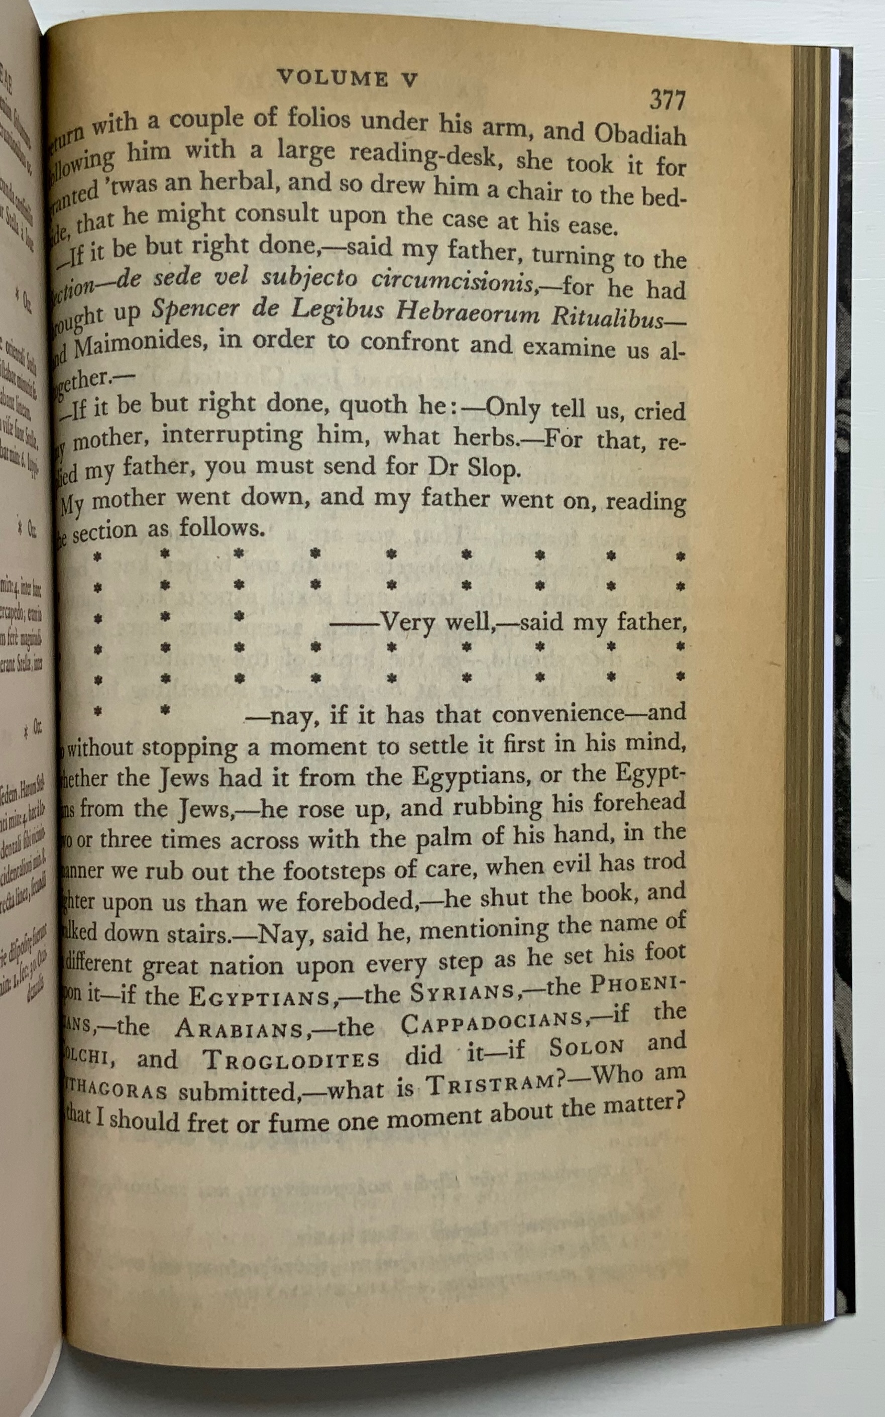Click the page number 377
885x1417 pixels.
667,100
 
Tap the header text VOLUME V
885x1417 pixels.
348,78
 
